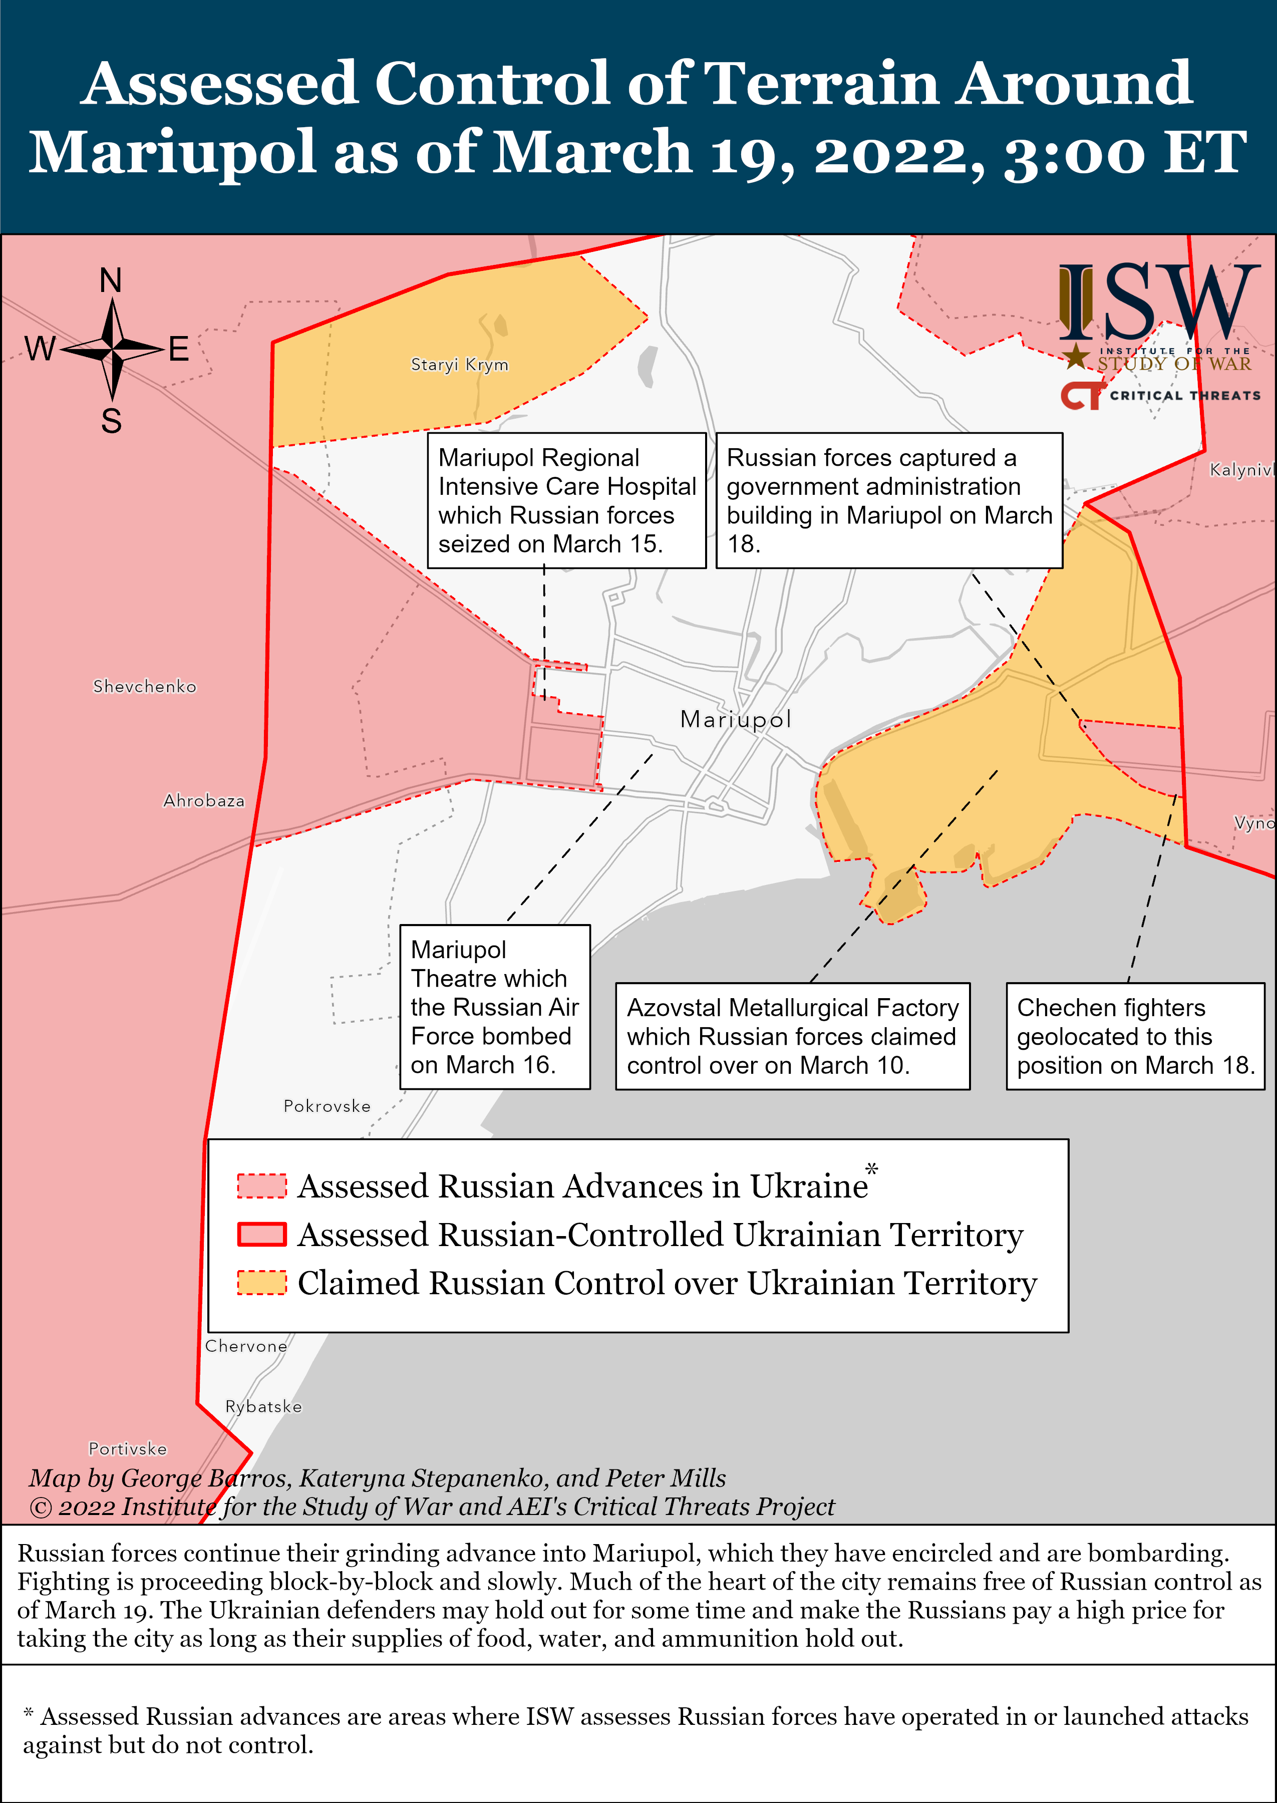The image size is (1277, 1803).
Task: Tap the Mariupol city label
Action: [735, 720]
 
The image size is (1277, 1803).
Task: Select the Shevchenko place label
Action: [145, 687]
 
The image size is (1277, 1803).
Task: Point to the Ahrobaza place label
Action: [204, 800]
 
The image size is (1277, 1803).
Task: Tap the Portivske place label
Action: [127, 1448]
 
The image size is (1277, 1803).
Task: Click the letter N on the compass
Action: [111, 280]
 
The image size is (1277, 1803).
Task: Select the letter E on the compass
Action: [179, 349]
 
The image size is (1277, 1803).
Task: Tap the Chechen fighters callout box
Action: [1135, 1036]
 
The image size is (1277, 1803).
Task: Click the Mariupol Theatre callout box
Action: [495, 1007]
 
